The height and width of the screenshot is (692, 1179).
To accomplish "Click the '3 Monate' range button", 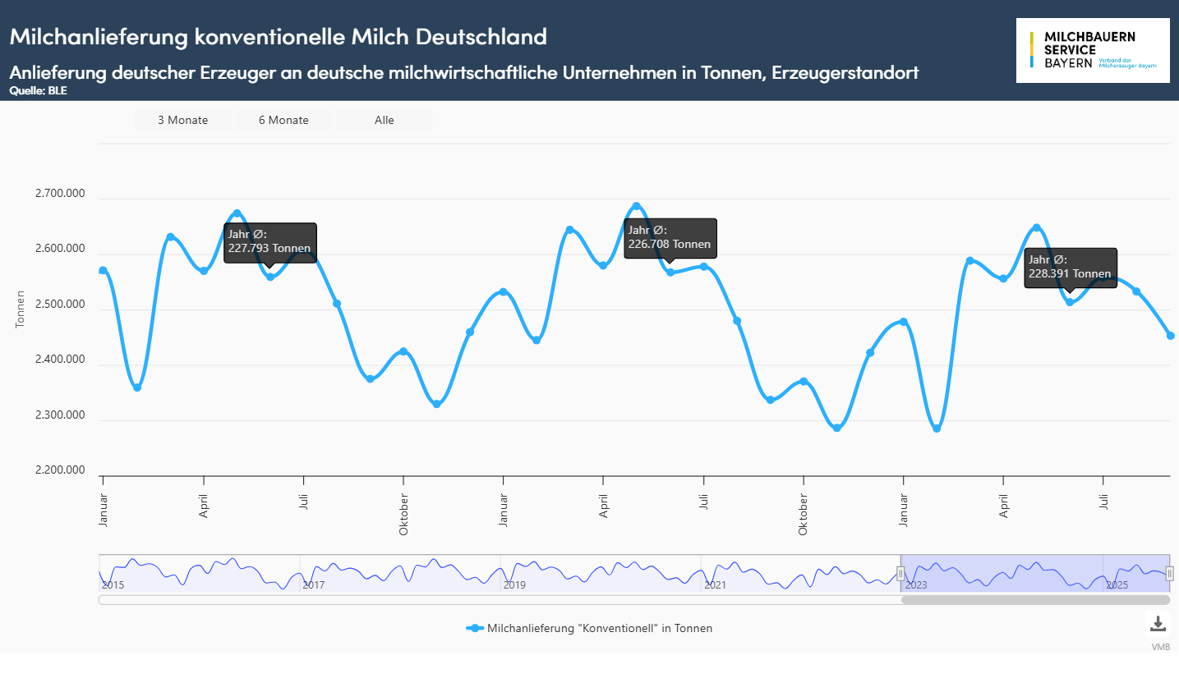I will (x=182, y=120).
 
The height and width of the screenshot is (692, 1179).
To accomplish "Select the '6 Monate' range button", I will (x=283, y=120).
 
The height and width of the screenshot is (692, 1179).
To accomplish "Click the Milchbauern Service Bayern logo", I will (x=1093, y=50).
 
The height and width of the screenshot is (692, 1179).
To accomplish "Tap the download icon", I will (x=1158, y=624).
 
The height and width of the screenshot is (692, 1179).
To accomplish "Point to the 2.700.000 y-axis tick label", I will (x=60, y=194).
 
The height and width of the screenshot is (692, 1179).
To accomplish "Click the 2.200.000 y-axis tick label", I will (x=60, y=470).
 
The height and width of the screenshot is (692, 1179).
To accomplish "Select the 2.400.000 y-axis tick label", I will (x=60, y=360).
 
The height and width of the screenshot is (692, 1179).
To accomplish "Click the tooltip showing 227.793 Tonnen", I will (x=269, y=242).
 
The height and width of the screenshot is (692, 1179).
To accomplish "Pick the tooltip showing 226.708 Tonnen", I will (x=670, y=238).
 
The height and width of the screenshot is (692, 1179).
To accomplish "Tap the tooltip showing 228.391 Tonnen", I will (x=1070, y=268).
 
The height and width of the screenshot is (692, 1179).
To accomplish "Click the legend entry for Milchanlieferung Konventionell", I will (x=590, y=628).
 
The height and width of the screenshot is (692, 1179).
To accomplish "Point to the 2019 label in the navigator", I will (x=514, y=585).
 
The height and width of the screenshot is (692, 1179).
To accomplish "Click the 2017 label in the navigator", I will (x=314, y=585).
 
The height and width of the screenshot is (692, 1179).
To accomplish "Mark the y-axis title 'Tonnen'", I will (x=21, y=309).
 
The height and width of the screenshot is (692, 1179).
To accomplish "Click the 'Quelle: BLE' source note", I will (x=39, y=91).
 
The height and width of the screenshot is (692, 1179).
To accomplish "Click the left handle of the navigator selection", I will (x=900, y=574).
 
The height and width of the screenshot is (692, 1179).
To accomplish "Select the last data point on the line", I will (x=1171, y=336).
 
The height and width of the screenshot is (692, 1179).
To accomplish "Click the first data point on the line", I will (x=103, y=271).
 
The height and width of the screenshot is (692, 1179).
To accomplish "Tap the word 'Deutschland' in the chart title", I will (x=481, y=37).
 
